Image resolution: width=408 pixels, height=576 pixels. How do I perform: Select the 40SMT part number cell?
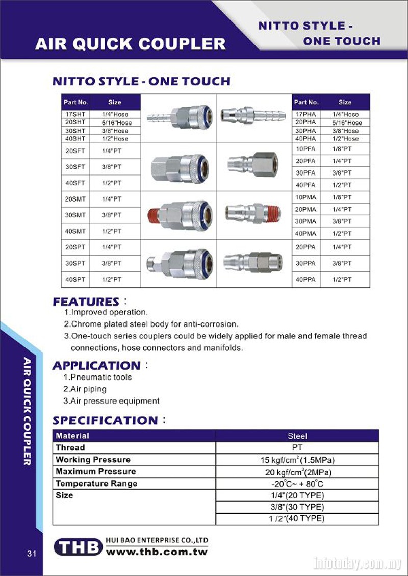pos(75,231)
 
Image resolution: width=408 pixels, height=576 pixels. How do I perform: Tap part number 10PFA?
pos(305,148)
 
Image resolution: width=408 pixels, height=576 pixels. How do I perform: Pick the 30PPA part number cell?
pos(305,263)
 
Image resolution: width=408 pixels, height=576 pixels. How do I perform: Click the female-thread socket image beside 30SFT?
pos(177,166)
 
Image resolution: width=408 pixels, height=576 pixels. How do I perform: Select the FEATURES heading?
pos(86,302)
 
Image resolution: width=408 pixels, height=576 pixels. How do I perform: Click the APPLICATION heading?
pos(96,365)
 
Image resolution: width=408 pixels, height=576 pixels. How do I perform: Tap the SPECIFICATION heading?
pos(106,420)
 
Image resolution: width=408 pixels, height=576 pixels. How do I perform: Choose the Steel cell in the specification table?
pos(297,436)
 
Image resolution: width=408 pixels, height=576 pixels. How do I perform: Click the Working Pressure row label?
pos(93,460)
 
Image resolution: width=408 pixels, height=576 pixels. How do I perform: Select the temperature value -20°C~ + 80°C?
pos(297,484)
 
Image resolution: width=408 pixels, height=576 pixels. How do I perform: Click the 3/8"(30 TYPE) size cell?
pos(297,507)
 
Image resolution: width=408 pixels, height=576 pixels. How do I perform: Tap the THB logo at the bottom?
pos(78,547)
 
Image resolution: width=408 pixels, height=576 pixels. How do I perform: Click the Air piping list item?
pos(85,389)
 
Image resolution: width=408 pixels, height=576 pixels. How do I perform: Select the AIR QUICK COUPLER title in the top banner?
pos(130,44)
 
